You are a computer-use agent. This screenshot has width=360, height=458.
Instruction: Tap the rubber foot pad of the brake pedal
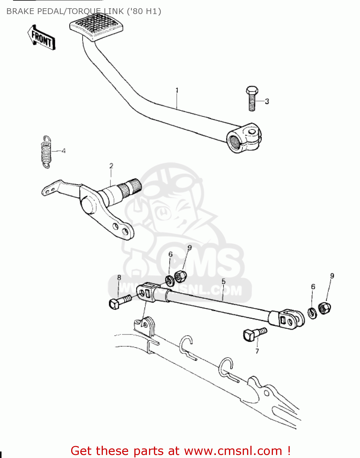click(96, 27)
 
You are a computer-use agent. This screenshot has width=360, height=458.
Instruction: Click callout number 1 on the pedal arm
click(177, 90)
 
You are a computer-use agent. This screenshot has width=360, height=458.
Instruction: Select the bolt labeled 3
click(252, 98)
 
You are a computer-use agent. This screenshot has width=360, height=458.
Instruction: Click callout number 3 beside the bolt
click(267, 101)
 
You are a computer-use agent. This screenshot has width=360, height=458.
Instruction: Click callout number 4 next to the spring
click(64, 151)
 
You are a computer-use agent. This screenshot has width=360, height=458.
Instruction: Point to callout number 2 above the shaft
click(111, 166)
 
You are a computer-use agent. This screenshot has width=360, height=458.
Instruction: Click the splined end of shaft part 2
click(131, 187)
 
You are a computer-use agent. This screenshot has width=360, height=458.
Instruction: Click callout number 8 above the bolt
click(119, 278)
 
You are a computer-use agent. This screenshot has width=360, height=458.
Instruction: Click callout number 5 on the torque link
click(224, 281)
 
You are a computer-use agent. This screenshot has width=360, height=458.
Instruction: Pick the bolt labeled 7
click(254, 334)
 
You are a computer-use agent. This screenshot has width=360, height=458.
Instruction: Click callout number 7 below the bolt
click(257, 351)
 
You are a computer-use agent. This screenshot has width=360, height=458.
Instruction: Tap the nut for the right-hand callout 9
click(324, 308)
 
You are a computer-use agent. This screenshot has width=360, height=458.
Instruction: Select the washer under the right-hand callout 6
click(312, 313)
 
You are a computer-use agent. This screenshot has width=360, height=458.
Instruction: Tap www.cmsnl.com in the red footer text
click(233, 451)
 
